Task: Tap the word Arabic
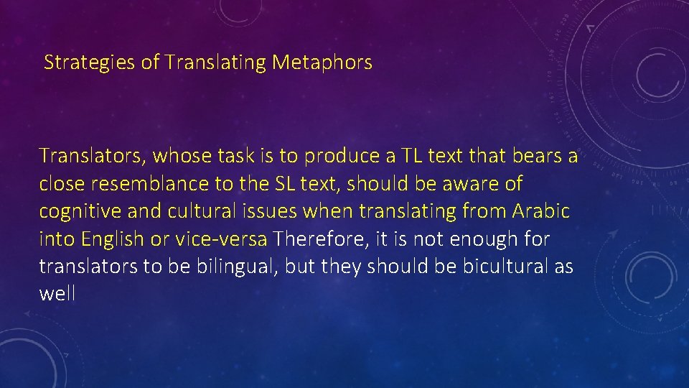541,211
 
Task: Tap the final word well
57,294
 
